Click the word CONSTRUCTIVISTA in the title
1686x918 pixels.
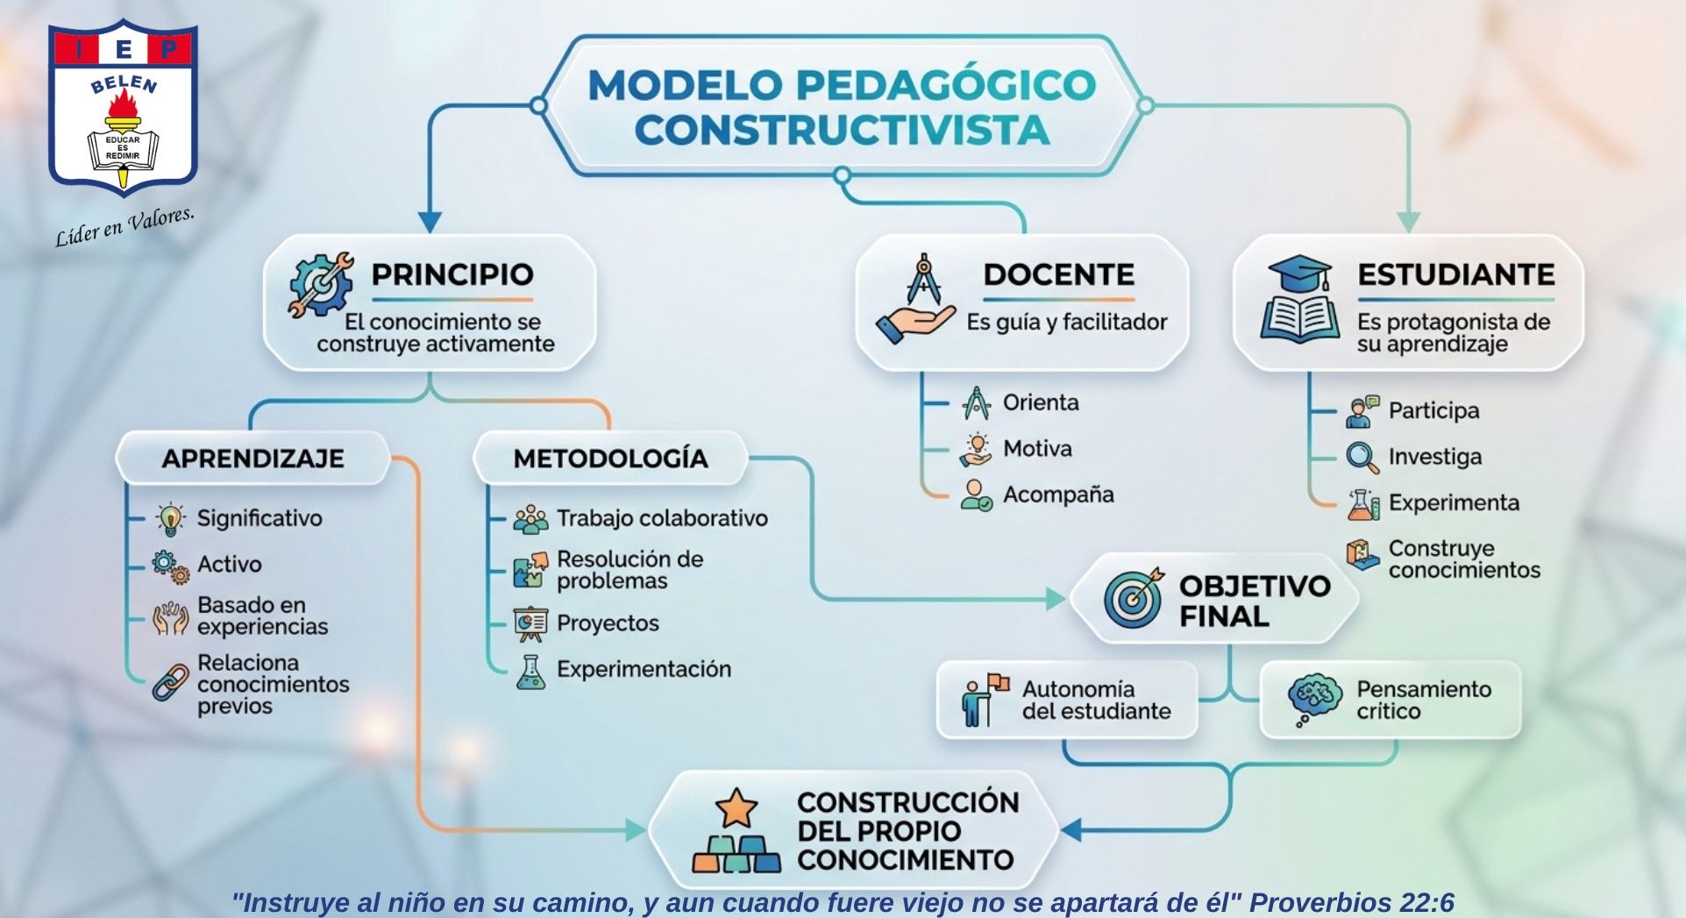click(842, 129)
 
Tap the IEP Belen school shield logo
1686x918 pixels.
click(123, 107)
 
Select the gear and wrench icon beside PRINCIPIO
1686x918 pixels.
click(321, 284)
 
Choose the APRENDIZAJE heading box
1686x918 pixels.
click(253, 458)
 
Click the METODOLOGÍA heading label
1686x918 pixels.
click(610, 459)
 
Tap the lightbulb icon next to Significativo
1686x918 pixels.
click(170, 519)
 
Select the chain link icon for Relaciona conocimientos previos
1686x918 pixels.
click(170, 682)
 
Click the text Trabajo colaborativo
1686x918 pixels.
click(662, 518)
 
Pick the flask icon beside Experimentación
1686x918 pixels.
click(530, 671)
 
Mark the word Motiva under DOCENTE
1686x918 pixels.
click(1037, 449)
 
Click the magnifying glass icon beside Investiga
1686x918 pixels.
click(1362, 457)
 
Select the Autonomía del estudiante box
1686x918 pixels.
click(1067, 700)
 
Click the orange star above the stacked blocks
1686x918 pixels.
click(736, 808)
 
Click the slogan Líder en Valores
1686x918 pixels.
click(124, 227)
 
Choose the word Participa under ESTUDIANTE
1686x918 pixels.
click(1433, 410)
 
